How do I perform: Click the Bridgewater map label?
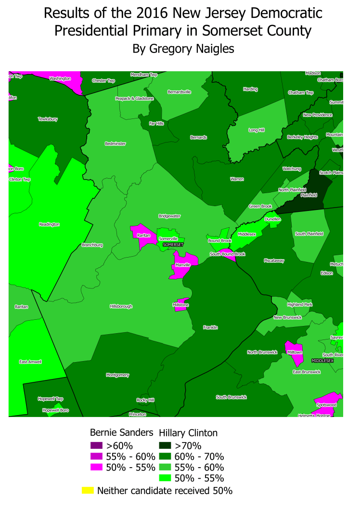click(169, 216)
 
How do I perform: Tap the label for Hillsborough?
click(121, 306)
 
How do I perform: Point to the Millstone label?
click(181, 305)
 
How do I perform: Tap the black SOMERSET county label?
click(173, 245)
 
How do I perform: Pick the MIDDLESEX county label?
click(322, 360)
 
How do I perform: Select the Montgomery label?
click(117, 375)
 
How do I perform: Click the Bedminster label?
click(115, 144)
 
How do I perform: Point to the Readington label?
click(50, 224)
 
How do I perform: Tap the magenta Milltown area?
click(293, 352)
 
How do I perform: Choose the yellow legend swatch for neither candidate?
click(88, 491)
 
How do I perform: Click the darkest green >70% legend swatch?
click(166, 445)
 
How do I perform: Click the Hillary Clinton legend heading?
click(188, 432)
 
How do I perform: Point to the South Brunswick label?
click(231, 397)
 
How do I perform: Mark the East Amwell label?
click(30, 361)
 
